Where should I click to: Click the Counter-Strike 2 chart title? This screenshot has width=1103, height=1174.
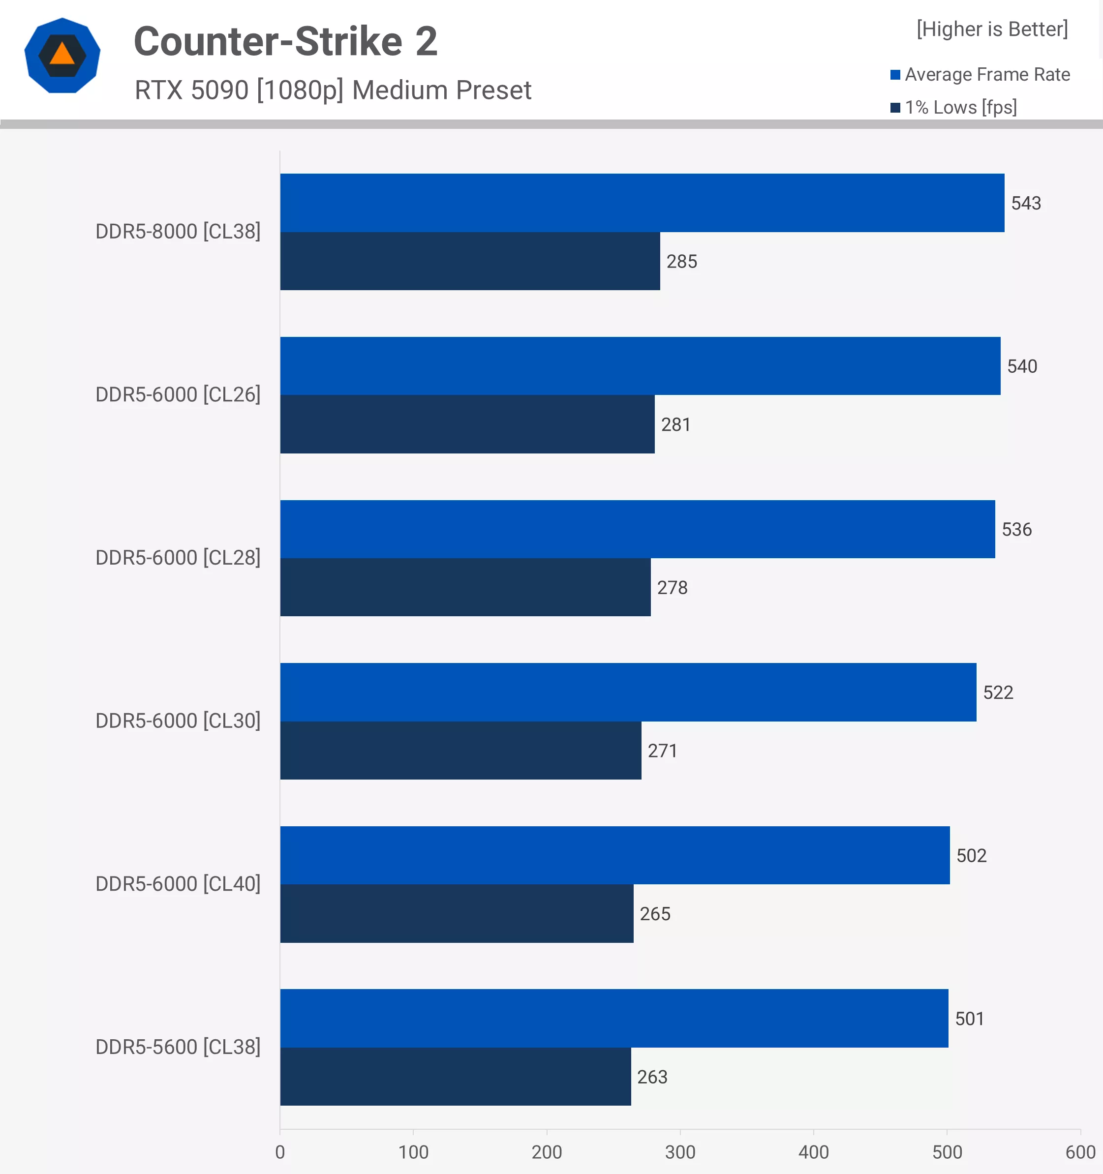click(x=285, y=41)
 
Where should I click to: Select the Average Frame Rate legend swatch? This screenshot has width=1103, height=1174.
click(x=895, y=74)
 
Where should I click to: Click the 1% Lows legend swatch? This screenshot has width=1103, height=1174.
click(x=895, y=108)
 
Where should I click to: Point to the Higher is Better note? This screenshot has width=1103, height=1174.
click(x=992, y=29)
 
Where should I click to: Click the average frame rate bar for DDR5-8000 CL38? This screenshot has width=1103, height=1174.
click(x=642, y=203)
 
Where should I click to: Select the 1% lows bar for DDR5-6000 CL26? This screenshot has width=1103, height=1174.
click(x=467, y=424)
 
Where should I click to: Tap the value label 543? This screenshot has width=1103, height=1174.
click(x=1026, y=203)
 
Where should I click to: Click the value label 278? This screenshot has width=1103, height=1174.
click(x=673, y=588)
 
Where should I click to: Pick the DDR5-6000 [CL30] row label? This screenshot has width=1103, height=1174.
click(x=178, y=721)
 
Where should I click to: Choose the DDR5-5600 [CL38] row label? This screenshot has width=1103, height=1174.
click(x=178, y=1047)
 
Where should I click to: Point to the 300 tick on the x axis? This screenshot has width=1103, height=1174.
click(x=680, y=1151)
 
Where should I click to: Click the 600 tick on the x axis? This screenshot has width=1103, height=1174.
click(x=1080, y=1151)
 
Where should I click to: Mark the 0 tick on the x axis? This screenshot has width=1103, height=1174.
click(x=280, y=1151)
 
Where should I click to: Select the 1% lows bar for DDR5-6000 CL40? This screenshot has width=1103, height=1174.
click(x=456, y=913)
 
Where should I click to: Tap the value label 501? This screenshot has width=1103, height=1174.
click(x=970, y=1019)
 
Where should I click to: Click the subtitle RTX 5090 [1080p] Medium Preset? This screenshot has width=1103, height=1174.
click(x=333, y=90)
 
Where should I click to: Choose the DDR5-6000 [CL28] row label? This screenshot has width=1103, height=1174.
click(x=178, y=557)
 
